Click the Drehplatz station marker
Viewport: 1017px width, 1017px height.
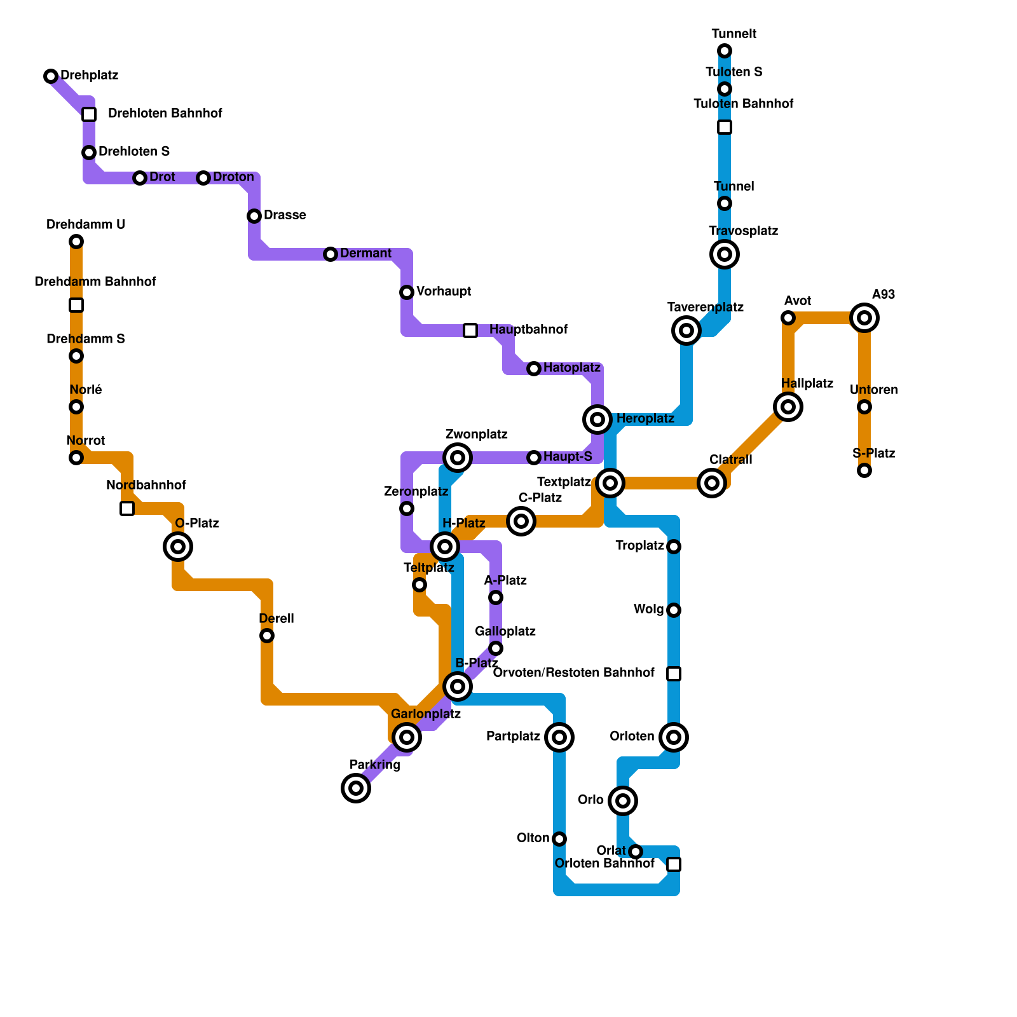click(x=51, y=76)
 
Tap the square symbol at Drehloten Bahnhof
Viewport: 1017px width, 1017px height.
click(x=89, y=114)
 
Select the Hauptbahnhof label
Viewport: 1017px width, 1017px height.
click(x=528, y=330)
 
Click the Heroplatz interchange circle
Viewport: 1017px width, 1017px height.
click(x=597, y=419)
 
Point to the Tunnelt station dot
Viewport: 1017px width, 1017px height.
click(x=725, y=51)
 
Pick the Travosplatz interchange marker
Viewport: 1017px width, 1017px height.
click(x=725, y=254)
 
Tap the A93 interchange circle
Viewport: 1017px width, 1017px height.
click(x=864, y=318)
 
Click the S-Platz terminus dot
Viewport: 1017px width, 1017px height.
click(x=864, y=470)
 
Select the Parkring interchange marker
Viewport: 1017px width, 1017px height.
click(x=356, y=788)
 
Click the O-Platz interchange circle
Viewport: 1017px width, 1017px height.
click(x=178, y=546)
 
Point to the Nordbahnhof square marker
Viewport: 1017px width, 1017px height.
click(x=127, y=508)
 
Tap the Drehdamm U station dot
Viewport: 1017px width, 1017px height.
click(x=76, y=242)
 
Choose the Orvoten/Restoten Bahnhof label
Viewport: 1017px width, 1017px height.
click(x=574, y=673)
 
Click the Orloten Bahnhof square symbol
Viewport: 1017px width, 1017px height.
click(x=674, y=864)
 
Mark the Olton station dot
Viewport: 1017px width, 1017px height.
click(x=559, y=839)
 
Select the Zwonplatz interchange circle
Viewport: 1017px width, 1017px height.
click(x=458, y=458)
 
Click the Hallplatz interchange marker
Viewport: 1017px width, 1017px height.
click(x=788, y=407)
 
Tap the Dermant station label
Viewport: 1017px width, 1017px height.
click(x=365, y=254)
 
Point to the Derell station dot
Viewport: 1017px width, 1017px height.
click(x=267, y=636)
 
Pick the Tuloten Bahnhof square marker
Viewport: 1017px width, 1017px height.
click(x=725, y=127)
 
